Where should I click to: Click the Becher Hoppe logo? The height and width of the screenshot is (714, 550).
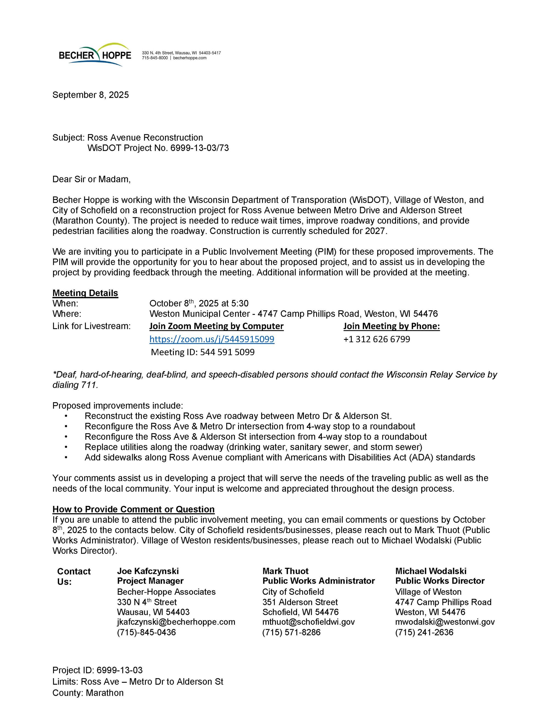[x=95, y=55]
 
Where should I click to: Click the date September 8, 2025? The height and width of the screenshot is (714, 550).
[x=91, y=95]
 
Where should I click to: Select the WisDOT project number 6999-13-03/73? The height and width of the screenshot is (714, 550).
[x=199, y=148]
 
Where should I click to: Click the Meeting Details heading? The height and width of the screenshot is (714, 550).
[x=85, y=293]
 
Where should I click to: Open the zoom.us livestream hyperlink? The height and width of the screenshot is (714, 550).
[x=212, y=339]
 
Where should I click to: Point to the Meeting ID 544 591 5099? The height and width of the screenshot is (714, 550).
[x=202, y=352]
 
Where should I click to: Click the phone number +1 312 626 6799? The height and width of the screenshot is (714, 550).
[x=376, y=339]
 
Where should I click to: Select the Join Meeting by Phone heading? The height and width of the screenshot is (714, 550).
[x=391, y=326]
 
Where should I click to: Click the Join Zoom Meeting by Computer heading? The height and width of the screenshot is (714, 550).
[x=216, y=326]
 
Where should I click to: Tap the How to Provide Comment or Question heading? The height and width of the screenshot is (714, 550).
[x=134, y=509]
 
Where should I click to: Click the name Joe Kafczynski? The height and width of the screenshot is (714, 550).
[x=148, y=571]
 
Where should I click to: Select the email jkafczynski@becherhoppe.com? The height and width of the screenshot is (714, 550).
[x=176, y=621]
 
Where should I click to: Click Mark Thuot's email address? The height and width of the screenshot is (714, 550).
[x=308, y=621]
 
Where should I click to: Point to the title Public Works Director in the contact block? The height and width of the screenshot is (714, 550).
[x=440, y=581]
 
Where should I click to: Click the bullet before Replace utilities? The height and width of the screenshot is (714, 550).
[x=66, y=447]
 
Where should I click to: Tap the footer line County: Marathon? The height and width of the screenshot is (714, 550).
[x=88, y=693]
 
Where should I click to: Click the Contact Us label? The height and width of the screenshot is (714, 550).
[x=74, y=576]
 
